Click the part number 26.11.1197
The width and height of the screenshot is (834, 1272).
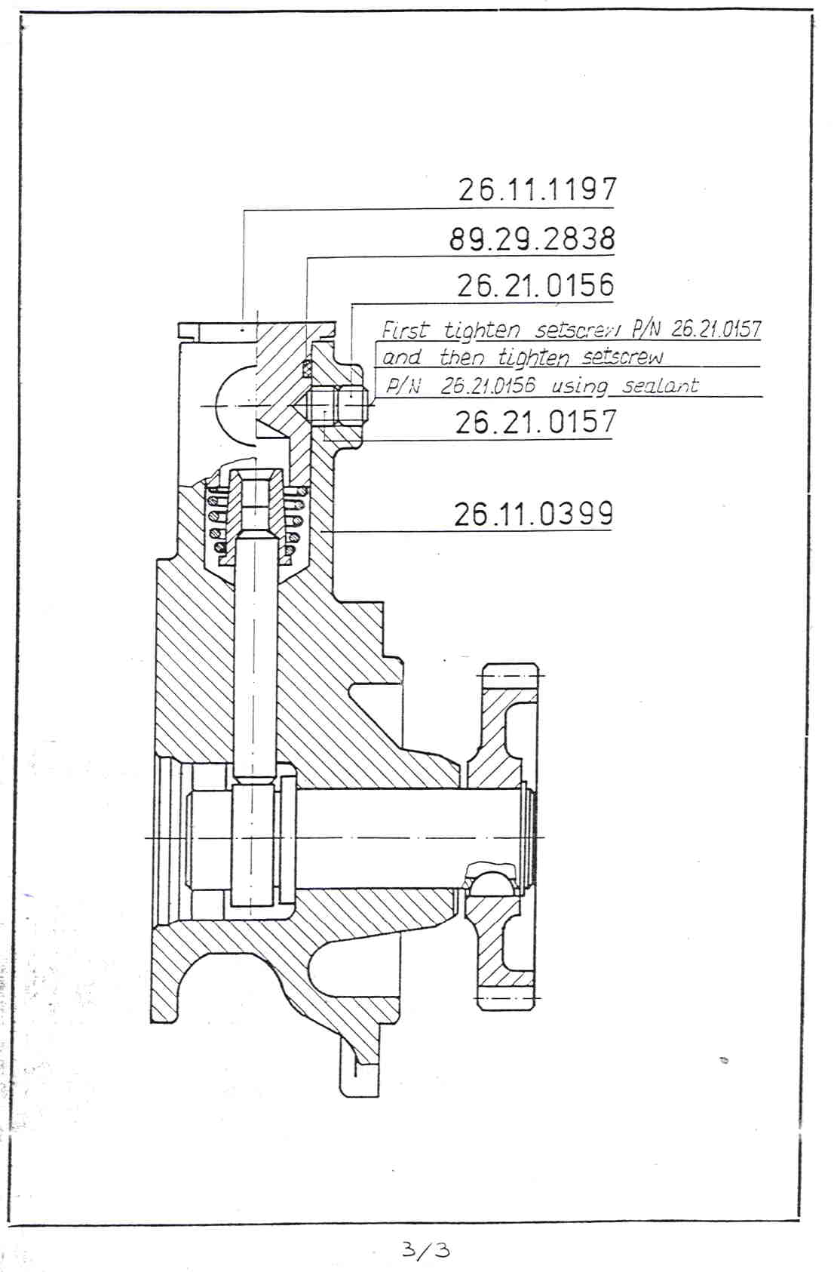[536, 189]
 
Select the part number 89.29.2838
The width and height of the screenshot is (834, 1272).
[532, 238]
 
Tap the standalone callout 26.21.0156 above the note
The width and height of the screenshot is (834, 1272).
[535, 285]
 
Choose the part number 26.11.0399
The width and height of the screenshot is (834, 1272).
[534, 514]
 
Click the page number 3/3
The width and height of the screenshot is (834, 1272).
[426, 1249]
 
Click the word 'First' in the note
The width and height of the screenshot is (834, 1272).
[405, 330]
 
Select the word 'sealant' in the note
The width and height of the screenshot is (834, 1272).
[661, 386]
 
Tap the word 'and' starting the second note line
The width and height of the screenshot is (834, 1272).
[402, 358]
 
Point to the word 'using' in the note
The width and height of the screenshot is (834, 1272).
[580, 387]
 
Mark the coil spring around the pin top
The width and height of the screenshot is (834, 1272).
[255, 520]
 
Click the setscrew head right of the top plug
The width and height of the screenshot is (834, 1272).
[350, 406]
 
